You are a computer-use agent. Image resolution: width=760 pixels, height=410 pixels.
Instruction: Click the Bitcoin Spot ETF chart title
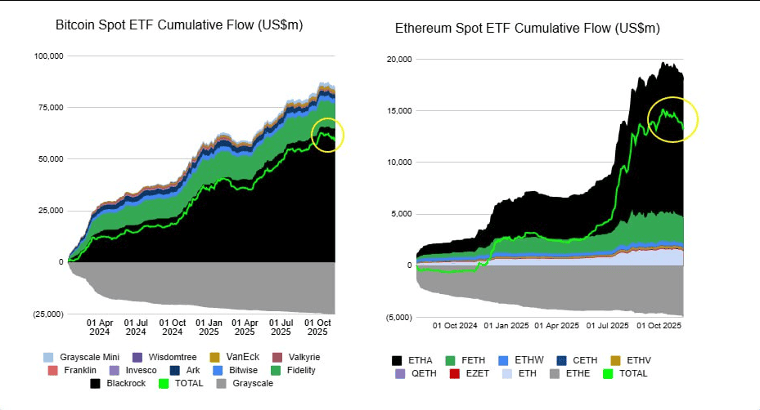178,25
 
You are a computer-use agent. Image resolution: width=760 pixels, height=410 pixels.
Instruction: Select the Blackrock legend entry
119,382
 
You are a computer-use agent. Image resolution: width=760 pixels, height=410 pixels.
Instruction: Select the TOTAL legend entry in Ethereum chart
632,373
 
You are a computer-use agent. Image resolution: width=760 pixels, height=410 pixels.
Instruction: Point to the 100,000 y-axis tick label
48,56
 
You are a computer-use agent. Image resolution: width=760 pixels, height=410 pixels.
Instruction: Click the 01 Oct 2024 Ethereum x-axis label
454,325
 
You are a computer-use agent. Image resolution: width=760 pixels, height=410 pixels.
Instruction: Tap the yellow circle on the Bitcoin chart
329,135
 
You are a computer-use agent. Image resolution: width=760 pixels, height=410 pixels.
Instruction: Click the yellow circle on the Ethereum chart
672,120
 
